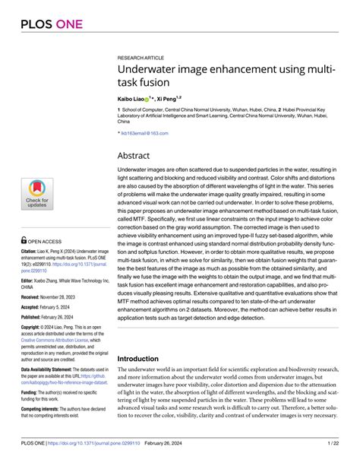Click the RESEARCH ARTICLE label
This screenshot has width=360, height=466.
pyautogui.click(x=142, y=58)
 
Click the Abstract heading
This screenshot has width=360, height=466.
pyautogui.click(x=138, y=155)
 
